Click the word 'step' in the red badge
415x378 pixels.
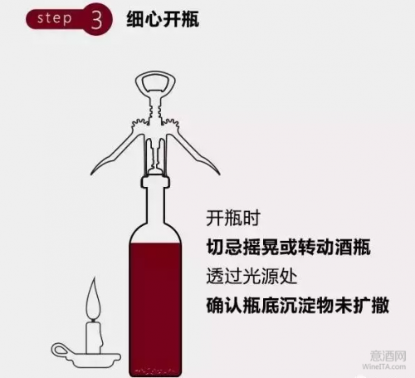[x=54, y=19]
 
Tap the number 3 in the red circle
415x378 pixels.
[x=96, y=20]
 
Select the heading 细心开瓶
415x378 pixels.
[x=163, y=19]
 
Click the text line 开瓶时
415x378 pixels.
[x=233, y=218]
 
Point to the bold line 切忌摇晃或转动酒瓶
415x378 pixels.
[x=289, y=247]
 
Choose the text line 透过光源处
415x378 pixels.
[x=251, y=276]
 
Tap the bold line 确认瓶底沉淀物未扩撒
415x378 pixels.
[x=298, y=305]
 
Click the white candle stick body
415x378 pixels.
[x=94, y=337]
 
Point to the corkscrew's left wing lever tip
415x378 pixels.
[x=91, y=174]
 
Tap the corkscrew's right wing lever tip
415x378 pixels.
[x=219, y=174]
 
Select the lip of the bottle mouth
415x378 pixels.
[x=155, y=181]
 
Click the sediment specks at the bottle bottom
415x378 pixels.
[x=155, y=371]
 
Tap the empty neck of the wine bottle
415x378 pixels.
[x=155, y=205]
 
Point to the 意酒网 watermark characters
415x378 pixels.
[x=388, y=356]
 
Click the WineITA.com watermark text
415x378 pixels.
[x=384, y=366]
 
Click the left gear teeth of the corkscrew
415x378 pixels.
[x=140, y=125]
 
